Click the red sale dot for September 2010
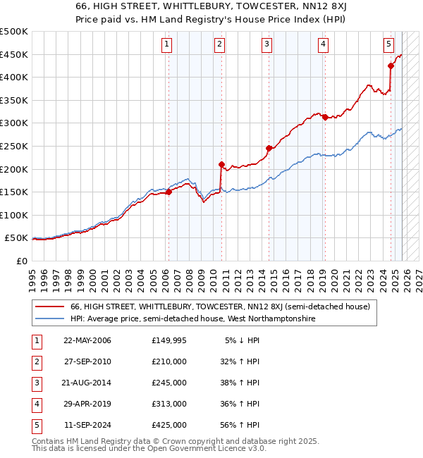tap(221, 164)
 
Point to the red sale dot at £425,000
tap(391, 66)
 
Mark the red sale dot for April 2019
tap(324, 117)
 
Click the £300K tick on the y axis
tap(14, 123)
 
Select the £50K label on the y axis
tap(16, 238)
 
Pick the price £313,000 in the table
tap(168, 404)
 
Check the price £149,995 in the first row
tap(168, 340)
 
